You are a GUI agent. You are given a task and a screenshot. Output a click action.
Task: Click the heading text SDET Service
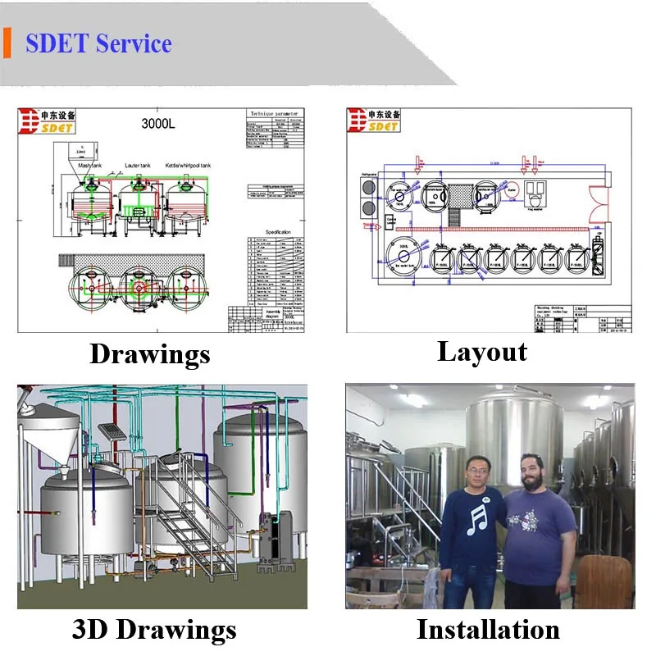98,43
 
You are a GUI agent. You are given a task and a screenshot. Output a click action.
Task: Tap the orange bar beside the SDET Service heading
7,43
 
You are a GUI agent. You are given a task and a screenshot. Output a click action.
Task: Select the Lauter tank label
138,166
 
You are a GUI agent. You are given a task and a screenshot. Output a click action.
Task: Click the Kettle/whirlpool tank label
189,166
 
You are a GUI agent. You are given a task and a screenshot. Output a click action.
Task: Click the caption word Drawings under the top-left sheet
150,353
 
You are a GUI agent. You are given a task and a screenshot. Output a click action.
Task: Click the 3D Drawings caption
154,630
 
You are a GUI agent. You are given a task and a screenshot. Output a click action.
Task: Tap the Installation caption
488,629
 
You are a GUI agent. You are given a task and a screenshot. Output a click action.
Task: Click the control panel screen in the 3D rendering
114,432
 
